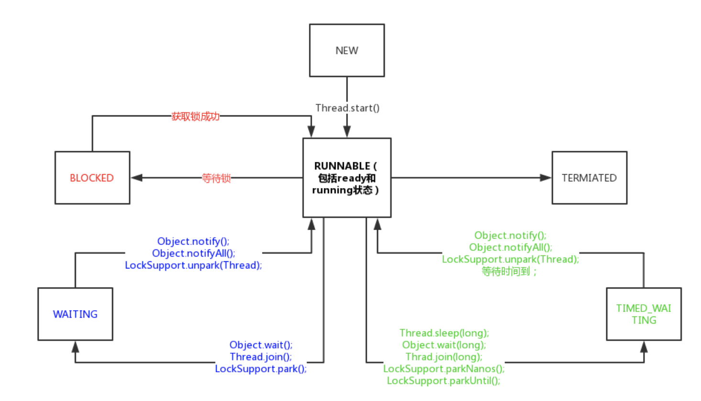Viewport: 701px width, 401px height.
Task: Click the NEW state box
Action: (347, 50)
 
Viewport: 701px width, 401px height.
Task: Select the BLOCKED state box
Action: (92, 178)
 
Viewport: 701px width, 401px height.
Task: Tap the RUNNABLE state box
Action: (347, 178)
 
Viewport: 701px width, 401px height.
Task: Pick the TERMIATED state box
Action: (589, 178)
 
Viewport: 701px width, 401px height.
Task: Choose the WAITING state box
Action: (75, 314)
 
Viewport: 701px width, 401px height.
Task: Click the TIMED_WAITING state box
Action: (644, 314)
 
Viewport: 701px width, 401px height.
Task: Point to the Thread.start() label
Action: (347, 108)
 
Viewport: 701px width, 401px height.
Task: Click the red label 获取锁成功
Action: (195, 116)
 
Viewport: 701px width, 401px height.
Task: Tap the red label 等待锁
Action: (216, 178)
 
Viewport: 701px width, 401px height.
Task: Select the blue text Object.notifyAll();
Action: (194, 253)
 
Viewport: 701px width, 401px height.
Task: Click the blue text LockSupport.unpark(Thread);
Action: (194, 265)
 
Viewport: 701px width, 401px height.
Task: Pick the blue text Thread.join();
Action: (261, 356)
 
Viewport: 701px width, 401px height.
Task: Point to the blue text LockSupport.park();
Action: (261, 368)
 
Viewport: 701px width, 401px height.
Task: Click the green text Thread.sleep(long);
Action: (444, 333)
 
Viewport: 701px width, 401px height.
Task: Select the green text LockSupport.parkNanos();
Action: (444, 368)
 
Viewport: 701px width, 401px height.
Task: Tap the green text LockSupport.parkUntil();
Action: (443, 380)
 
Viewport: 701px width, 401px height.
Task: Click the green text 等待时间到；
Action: (509, 271)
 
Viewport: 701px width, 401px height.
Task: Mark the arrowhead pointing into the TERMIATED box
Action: (546, 178)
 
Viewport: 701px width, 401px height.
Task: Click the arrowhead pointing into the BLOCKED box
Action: (137, 178)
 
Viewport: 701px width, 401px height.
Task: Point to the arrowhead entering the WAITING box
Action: (75, 347)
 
